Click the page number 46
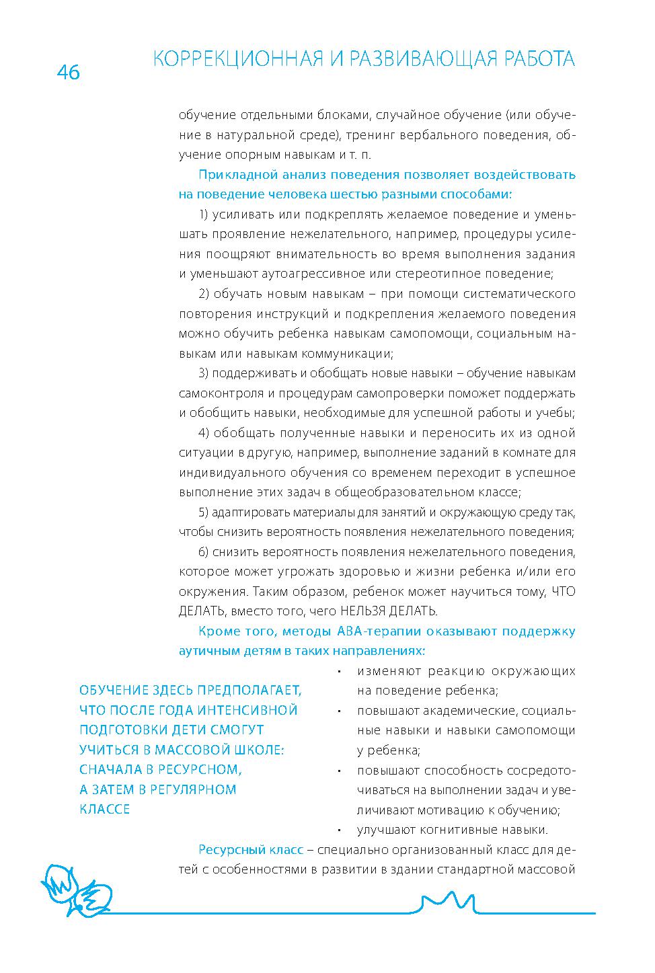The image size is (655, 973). pos(69,72)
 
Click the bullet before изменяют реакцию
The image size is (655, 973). pos(341,672)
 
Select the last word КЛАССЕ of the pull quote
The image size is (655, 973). pos(104,809)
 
